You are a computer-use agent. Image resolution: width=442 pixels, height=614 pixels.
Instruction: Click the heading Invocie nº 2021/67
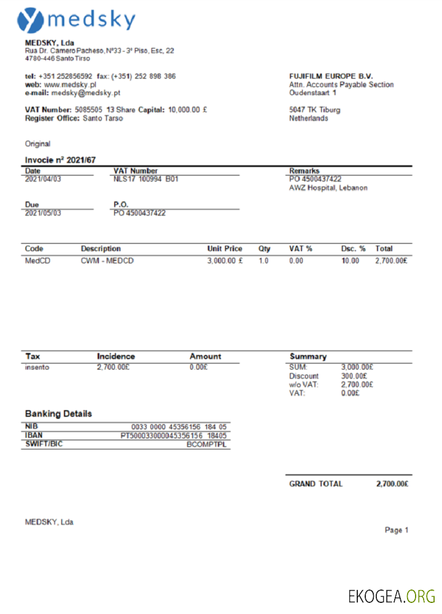(60, 160)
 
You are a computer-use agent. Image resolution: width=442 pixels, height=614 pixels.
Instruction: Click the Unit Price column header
(225, 249)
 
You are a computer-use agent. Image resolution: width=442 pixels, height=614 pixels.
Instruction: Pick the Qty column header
(265, 249)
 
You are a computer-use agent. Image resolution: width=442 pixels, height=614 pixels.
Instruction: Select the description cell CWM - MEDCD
(107, 261)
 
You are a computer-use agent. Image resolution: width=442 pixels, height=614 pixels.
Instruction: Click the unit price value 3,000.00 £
(225, 261)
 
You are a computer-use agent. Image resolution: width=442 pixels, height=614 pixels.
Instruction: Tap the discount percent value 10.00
(350, 261)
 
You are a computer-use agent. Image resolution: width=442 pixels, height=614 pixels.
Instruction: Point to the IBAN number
(174, 435)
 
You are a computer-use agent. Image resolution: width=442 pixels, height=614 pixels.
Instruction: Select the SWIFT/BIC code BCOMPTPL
(207, 444)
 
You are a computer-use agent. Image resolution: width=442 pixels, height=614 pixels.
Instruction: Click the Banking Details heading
(58, 414)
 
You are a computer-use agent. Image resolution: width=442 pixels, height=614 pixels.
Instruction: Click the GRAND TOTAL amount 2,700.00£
(392, 484)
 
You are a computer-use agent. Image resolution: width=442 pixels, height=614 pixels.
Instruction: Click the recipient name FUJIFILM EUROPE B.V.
(331, 76)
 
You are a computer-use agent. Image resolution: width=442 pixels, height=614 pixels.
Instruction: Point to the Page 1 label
(397, 530)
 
